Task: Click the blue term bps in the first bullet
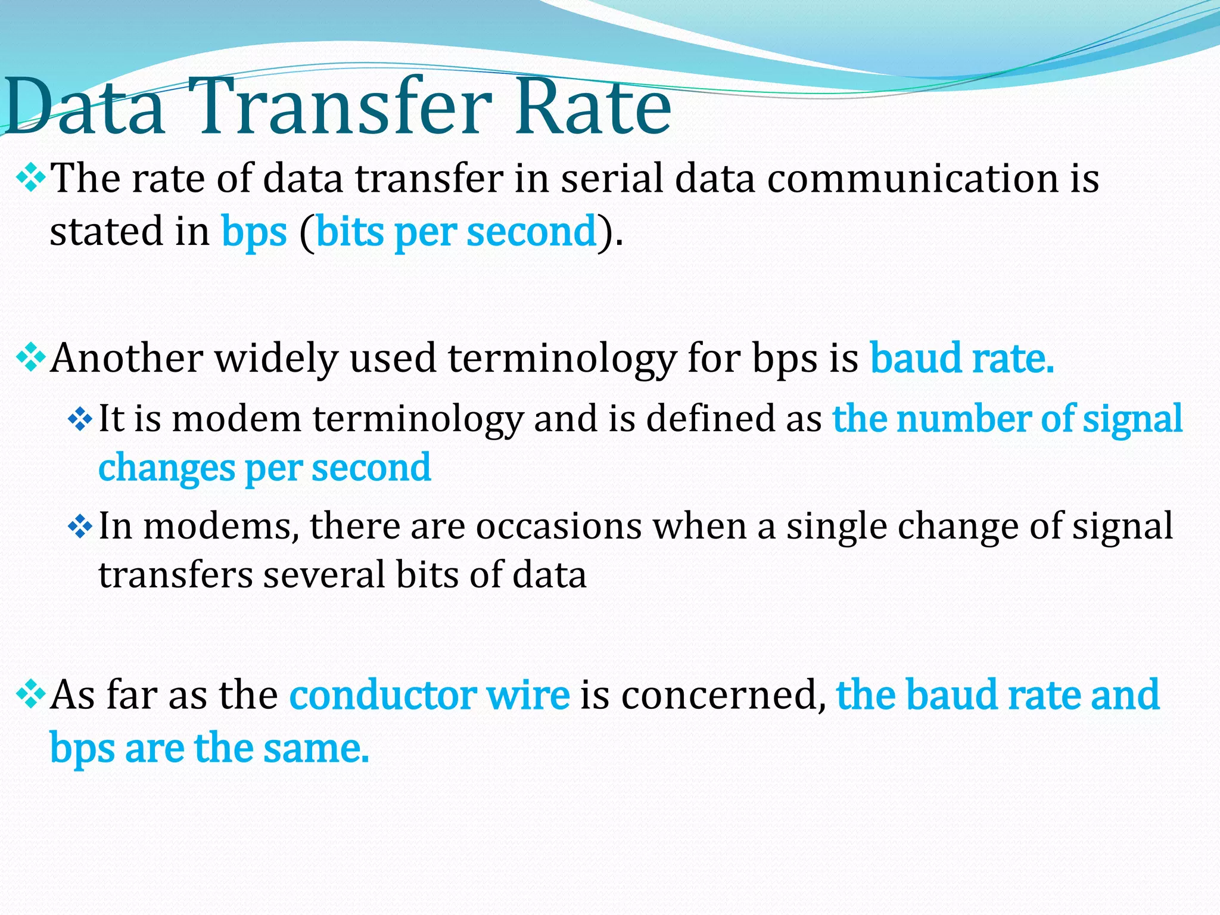coord(254,232)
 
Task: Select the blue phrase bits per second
coord(456,232)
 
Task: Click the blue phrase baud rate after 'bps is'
coord(961,359)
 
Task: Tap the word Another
coord(127,359)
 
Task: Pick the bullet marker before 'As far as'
coord(31,693)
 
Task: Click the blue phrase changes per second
coord(264,468)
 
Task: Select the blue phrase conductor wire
coord(429,695)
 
